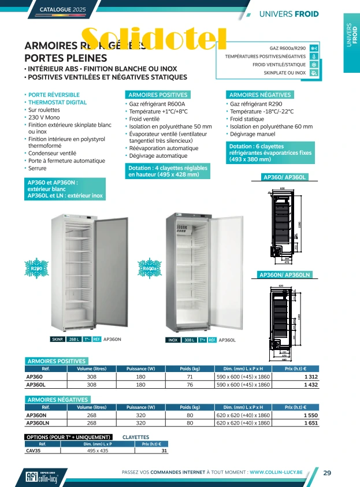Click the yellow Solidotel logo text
pos(154,39)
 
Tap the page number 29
pos(327,473)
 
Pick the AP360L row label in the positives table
pos(36,384)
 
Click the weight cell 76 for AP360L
pos(190,384)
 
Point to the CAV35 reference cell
pos(34,451)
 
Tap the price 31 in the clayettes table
pos(164,451)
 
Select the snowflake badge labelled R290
pos(38,269)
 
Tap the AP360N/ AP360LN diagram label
pos(285,274)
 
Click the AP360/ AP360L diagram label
pos(285,177)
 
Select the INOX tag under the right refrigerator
pos(173,340)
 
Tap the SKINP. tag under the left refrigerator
pos(58,340)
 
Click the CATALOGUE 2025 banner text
pos(63,10)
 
